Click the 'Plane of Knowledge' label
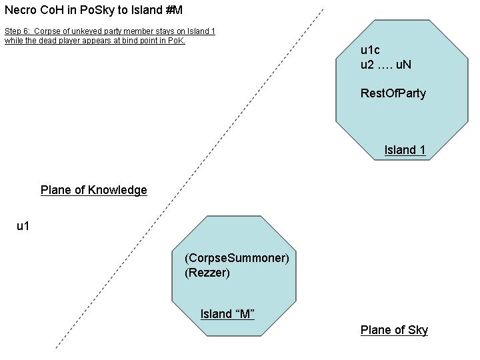pyautogui.click(x=94, y=190)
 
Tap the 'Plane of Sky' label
pyautogui.click(x=394, y=330)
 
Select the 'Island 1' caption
pyautogui.click(x=405, y=150)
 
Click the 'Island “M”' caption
pyautogui.click(x=227, y=314)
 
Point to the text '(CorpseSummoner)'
pyautogui.click(x=237, y=258)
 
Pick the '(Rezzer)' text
pyautogui.click(x=207, y=273)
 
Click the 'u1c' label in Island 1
pyautogui.click(x=370, y=50)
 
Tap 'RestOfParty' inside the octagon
pyautogui.click(x=393, y=93)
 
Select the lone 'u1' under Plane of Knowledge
pyautogui.click(x=23, y=226)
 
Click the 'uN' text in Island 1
pyautogui.click(x=403, y=65)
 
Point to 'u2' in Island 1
pyautogui.click(x=367, y=65)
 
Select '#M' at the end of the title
pyautogui.click(x=174, y=10)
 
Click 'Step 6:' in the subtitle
pyautogui.click(x=17, y=31)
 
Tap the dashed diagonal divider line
pyautogui.click(x=190, y=179)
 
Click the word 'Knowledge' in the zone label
pyautogui.click(x=117, y=190)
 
